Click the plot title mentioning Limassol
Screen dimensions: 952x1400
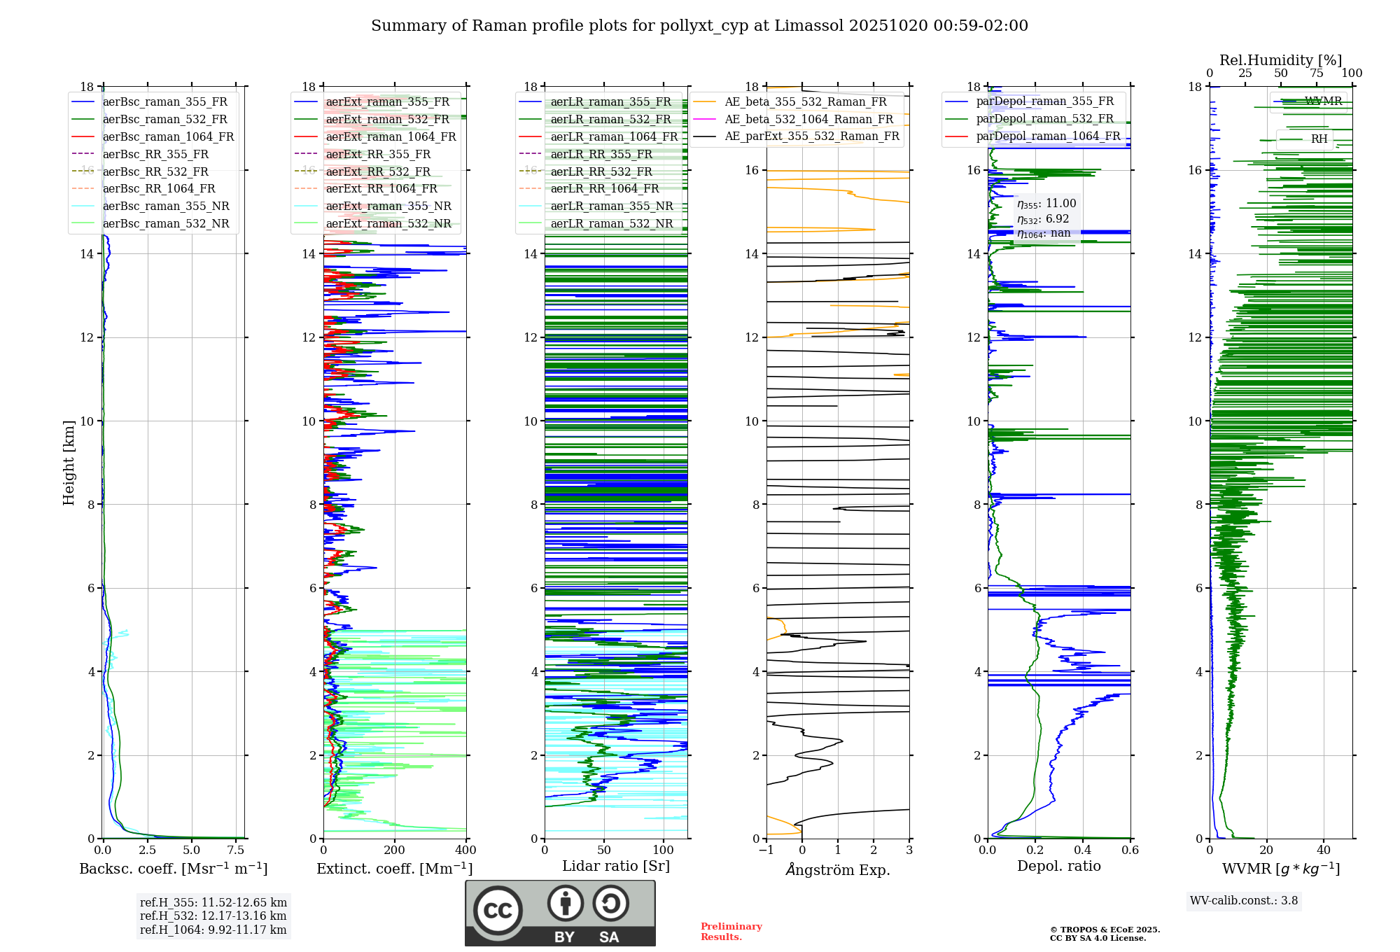point(699,26)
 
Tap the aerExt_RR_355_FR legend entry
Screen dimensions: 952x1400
point(378,155)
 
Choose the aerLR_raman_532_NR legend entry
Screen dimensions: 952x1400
point(611,224)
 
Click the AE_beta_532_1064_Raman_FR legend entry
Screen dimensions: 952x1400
point(808,120)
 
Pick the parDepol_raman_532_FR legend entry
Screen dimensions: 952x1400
point(1044,119)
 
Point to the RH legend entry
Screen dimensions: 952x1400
point(1319,139)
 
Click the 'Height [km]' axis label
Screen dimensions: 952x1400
point(69,462)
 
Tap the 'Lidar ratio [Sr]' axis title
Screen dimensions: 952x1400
point(616,866)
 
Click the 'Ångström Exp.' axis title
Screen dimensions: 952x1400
point(838,869)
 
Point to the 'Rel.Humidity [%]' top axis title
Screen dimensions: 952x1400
point(1280,60)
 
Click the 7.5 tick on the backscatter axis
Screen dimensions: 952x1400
point(236,850)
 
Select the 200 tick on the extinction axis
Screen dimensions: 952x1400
point(395,850)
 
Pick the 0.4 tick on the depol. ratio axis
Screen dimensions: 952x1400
point(1083,850)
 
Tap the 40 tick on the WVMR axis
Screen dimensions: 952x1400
point(1324,850)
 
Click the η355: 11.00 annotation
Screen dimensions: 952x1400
point(1046,204)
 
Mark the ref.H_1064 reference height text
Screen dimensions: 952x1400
point(213,930)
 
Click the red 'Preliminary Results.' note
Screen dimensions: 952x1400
point(731,932)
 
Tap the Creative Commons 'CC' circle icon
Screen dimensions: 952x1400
point(498,911)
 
